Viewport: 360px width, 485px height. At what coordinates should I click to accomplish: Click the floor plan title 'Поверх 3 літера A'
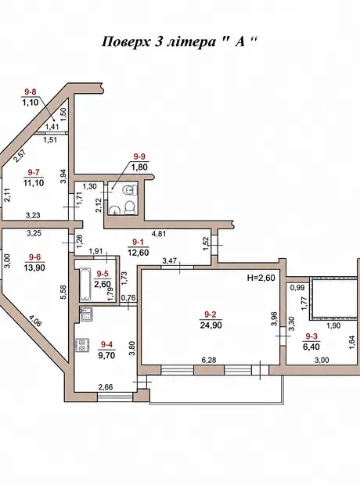coord(180,41)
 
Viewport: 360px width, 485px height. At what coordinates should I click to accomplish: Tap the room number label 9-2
coord(211,314)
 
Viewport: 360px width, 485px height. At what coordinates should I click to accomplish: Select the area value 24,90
coord(211,325)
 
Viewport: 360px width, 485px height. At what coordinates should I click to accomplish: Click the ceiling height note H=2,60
coord(261,278)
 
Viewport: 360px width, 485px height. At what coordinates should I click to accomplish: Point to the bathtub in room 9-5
coord(85,285)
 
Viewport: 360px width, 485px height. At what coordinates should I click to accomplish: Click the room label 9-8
coord(31,92)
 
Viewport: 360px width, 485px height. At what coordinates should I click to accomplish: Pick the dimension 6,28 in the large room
coord(209,360)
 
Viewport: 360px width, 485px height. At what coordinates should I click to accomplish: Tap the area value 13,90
coord(34,268)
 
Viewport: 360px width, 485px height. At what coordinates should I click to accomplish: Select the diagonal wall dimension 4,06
coord(35,321)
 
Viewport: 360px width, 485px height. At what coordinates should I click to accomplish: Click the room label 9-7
coord(34,172)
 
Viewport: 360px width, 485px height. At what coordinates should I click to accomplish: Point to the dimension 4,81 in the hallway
coord(158,234)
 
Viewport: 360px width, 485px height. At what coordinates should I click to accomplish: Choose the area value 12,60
coord(138,253)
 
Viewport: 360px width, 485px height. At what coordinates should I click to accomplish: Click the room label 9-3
coord(312,336)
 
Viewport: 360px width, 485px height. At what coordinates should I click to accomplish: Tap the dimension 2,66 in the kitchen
coord(106,387)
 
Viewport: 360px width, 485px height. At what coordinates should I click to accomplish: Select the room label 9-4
coord(106,344)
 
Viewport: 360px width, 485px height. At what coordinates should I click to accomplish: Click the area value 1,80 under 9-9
coord(139,167)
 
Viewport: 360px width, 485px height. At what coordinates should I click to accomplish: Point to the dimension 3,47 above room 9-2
coord(170,261)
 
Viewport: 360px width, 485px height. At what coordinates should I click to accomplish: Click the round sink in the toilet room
coord(115,210)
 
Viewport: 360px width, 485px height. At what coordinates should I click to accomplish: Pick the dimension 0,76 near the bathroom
coord(128,298)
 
